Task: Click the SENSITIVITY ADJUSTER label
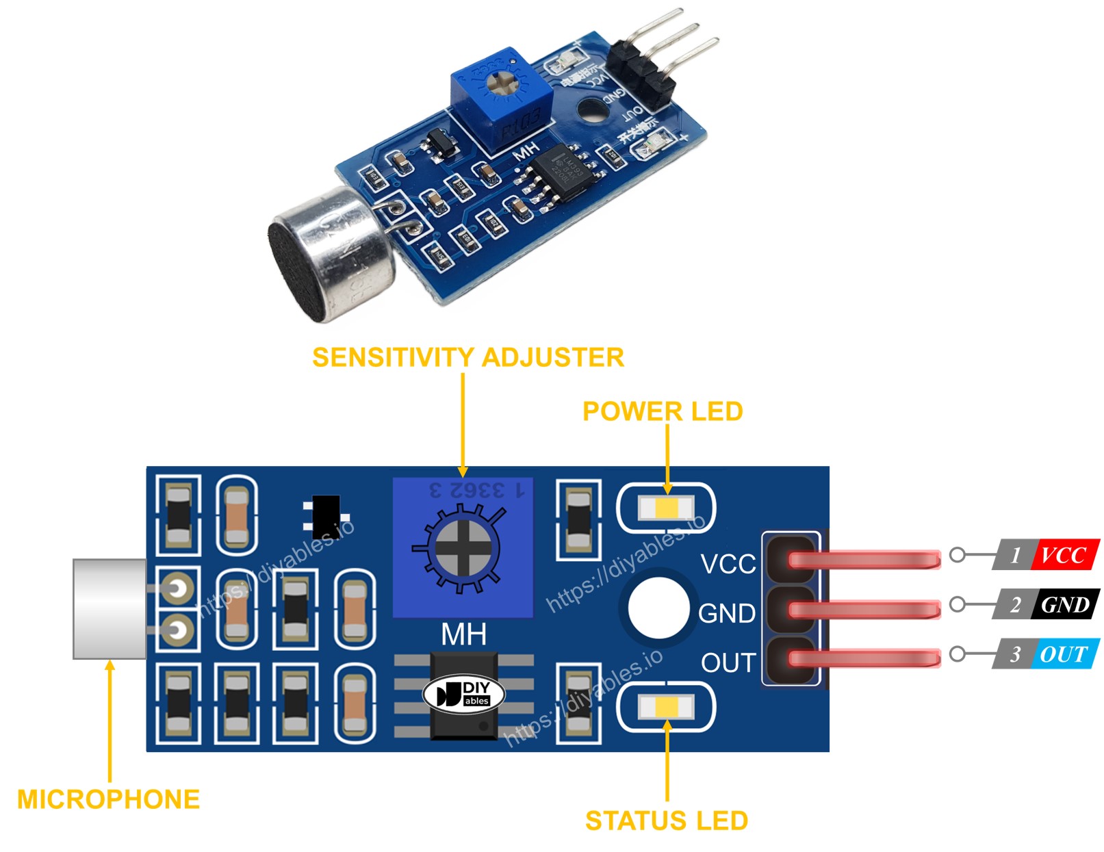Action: point(467,357)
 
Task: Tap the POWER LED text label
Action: point(662,411)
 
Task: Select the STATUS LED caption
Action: point(666,821)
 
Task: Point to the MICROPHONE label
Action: point(108,799)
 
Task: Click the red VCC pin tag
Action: point(1064,554)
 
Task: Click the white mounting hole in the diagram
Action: point(658,608)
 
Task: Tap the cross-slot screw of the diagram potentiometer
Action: point(463,547)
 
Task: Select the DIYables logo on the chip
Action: point(464,694)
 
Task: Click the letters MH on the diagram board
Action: point(463,635)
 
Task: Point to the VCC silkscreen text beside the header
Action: point(728,565)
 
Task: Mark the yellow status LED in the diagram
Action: point(666,707)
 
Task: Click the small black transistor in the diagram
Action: point(326,517)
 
